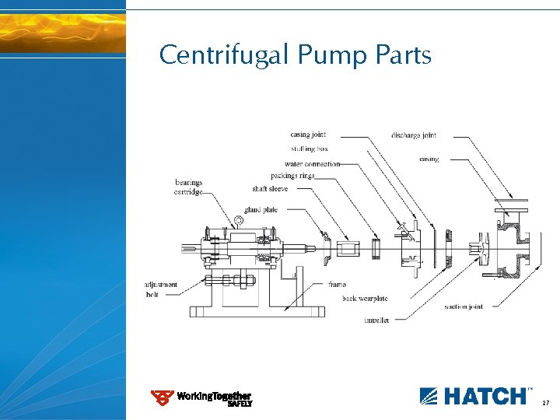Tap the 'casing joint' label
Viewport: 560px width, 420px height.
307,135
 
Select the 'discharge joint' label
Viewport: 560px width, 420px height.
414,135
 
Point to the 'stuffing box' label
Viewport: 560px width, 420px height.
309,148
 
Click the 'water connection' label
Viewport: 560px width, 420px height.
312,164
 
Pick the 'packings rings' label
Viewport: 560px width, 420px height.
292,176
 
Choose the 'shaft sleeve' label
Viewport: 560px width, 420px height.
270,188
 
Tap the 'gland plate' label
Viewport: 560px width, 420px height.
261,210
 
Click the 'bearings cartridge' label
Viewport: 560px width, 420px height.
188,187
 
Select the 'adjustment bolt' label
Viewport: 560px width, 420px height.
162,289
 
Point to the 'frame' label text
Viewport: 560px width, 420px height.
337,285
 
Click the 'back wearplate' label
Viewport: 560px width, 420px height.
365,299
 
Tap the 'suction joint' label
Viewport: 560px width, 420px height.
464,306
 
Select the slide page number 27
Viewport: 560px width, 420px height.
545,403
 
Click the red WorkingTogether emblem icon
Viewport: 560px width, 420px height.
162,398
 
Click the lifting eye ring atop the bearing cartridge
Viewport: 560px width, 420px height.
238,221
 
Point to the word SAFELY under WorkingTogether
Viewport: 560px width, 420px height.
240,404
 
